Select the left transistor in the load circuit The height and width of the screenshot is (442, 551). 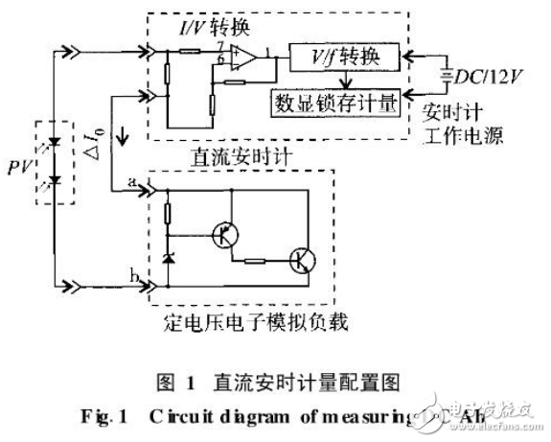pyautogui.click(x=226, y=235)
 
